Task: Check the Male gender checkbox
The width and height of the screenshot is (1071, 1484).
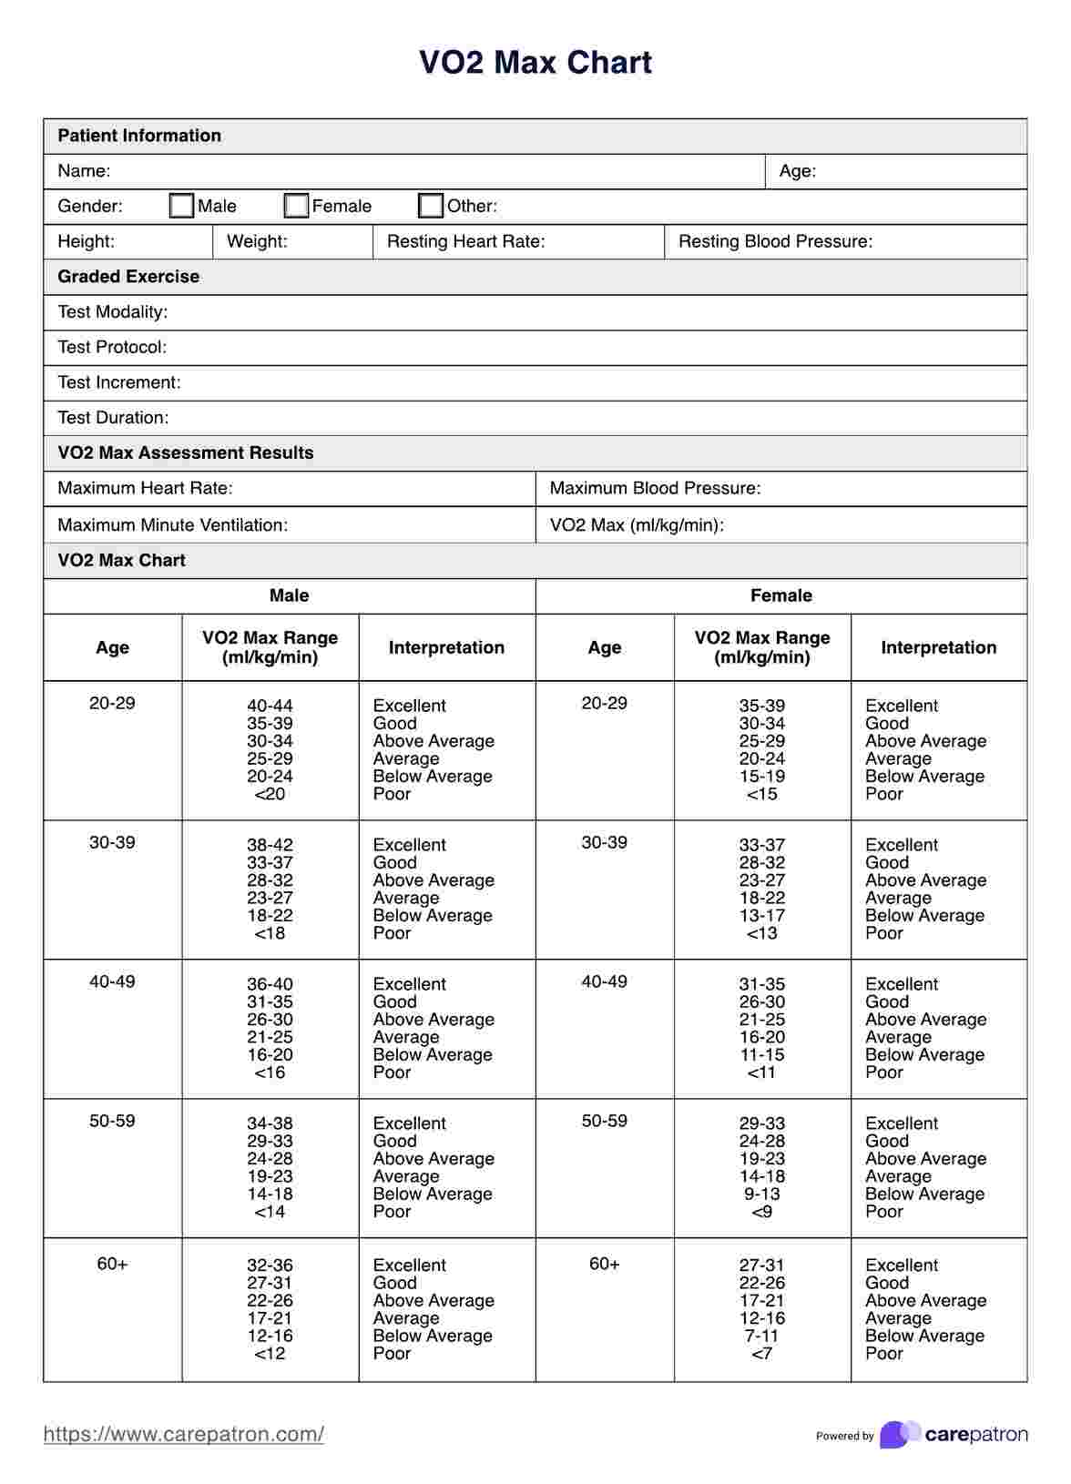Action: [182, 206]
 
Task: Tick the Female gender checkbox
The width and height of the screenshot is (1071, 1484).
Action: [296, 206]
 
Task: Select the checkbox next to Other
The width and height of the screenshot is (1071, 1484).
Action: [431, 206]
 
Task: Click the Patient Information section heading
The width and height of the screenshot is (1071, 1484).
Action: [139, 136]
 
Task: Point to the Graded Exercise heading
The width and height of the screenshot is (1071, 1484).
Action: [128, 277]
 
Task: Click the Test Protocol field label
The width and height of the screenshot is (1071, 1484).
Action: [112, 347]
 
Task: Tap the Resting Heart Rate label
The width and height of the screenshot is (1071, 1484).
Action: [465, 241]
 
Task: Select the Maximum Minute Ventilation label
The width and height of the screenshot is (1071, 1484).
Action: [172, 524]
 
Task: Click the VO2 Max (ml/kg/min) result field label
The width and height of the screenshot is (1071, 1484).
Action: [637, 524]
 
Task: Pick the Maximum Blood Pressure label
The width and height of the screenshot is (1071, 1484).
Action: [655, 488]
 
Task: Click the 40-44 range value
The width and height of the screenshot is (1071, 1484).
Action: [270, 706]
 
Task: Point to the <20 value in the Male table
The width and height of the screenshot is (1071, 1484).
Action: [270, 794]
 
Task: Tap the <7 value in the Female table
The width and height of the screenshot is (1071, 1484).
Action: [762, 1353]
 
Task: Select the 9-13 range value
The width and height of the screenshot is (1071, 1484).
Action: [762, 1194]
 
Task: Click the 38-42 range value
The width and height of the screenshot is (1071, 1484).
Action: [270, 845]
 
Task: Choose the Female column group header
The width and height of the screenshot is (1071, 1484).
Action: [780, 595]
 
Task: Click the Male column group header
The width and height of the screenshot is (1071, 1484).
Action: [289, 595]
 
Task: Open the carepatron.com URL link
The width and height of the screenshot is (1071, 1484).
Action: [184, 1434]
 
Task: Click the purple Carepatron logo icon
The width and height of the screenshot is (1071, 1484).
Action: [900, 1434]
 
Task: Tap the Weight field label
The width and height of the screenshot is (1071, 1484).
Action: [257, 241]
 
